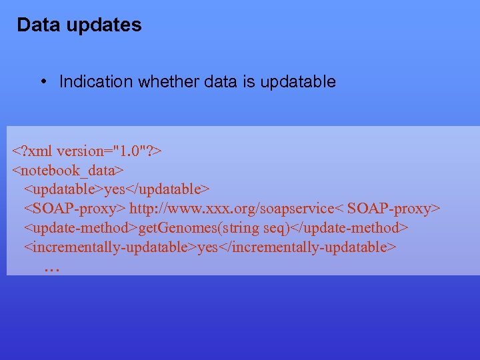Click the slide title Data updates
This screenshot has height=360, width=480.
79,25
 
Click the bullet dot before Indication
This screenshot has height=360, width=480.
43,81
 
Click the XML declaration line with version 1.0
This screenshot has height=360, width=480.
87,151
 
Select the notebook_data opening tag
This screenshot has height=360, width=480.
69,171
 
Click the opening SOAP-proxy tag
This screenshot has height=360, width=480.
75,209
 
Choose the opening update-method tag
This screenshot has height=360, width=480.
81,229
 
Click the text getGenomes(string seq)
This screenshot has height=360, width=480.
215,229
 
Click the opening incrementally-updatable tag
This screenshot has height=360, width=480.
111,248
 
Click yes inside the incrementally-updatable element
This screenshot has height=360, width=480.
208,248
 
